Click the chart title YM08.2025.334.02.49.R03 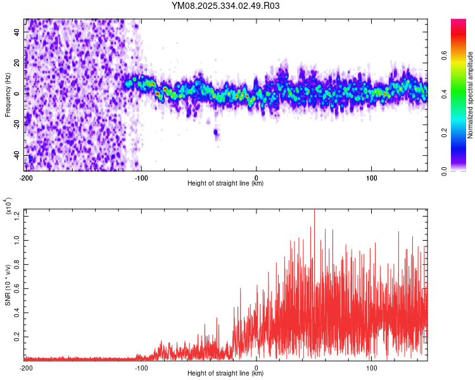(x=225, y=6)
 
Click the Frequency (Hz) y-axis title (x=8, y=94)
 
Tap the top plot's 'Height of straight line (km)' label (x=225, y=183)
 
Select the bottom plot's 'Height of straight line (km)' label (x=225, y=373)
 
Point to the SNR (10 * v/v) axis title (x=8, y=284)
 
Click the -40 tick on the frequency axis (x=15, y=155)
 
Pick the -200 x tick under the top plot (x=26, y=177)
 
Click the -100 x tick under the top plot (x=141, y=177)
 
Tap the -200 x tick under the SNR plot (x=26, y=367)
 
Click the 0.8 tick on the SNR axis (x=17, y=265)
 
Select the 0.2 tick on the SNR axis (x=17, y=336)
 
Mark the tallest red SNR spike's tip (x=314, y=210)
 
